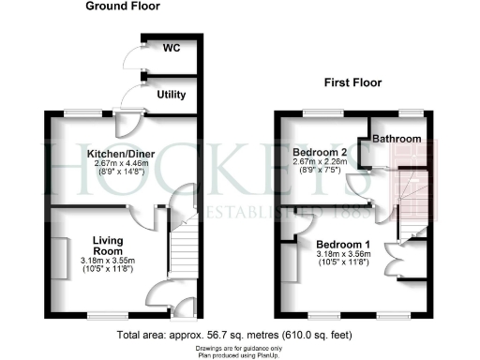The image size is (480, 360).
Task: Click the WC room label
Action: pyautogui.click(x=171, y=47)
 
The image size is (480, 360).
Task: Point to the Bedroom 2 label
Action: pyautogui.click(x=321, y=152)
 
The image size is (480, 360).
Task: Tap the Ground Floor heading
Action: pyautogui.click(x=123, y=7)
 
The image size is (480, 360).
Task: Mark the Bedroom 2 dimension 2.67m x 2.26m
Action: pyautogui.click(x=321, y=162)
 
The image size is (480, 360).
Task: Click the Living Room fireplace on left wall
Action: pyautogui.click(x=57, y=258)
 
